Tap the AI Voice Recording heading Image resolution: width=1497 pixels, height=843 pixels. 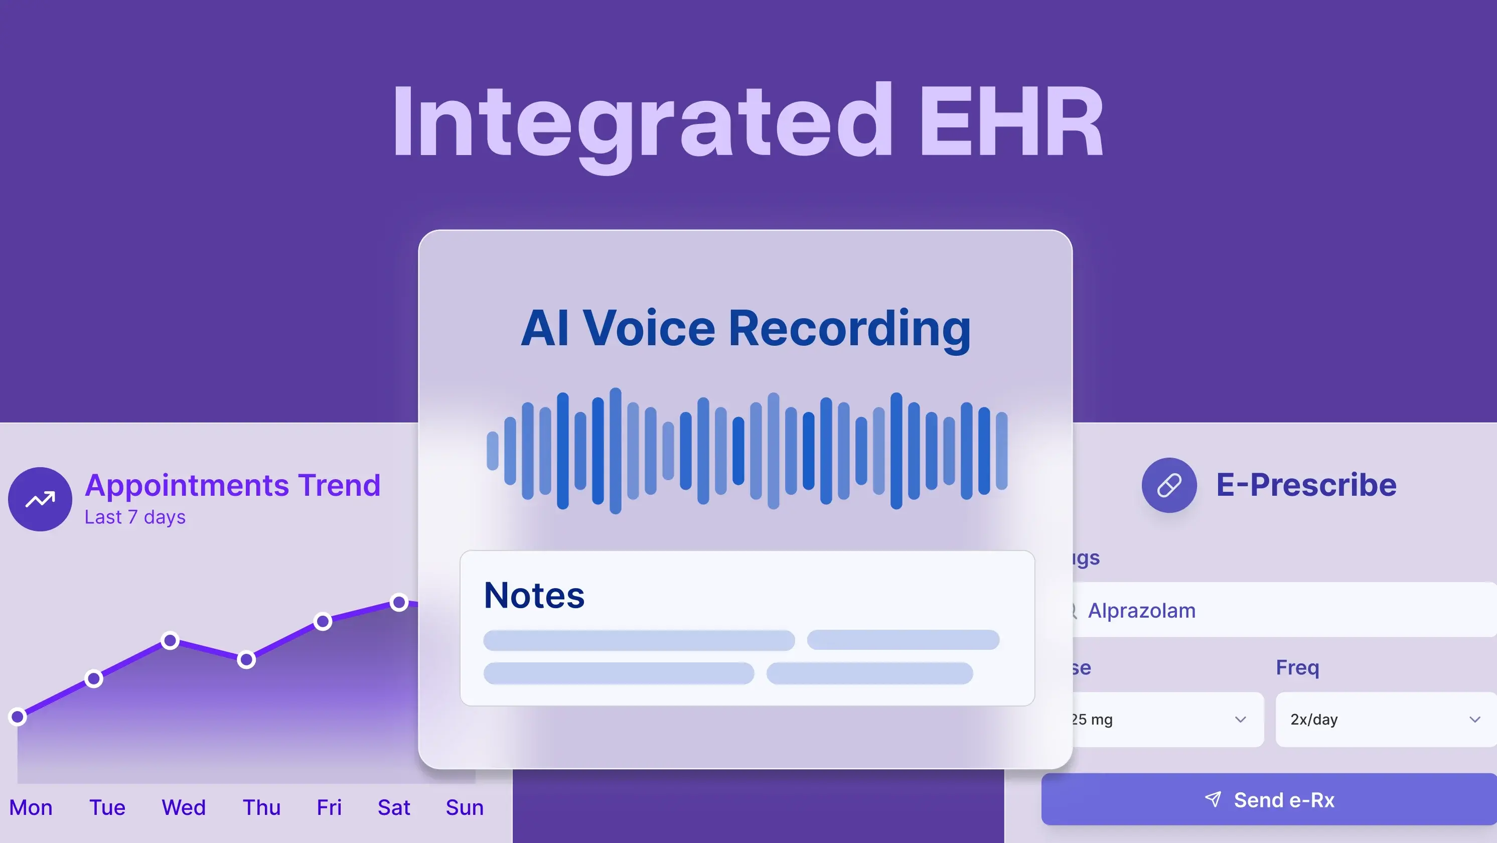[x=745, y=329]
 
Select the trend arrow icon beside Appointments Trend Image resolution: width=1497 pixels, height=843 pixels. [x=40, y=499]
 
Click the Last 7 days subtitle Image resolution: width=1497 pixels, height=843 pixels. [x=135, y=517]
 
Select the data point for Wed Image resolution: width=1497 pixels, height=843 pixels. [x=170, y=641]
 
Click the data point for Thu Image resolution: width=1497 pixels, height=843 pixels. [x=246, y=659]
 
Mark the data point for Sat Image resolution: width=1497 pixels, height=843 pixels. [x=399, y=602]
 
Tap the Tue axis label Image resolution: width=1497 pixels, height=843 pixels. [x=107, y=807]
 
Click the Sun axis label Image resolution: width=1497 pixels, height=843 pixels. [x=465, y=807]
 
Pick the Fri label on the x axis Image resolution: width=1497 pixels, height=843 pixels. [x=329, y=807]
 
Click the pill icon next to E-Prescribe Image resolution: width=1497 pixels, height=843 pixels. [x=1169, y=485]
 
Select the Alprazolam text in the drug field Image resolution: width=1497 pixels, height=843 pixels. [x=1141, y=611]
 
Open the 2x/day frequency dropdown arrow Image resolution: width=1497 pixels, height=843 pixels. [x=1475, y=719]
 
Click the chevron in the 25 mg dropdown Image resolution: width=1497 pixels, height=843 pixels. [x=1240, y=719]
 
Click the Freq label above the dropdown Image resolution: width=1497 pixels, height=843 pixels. [x=1297, y=667]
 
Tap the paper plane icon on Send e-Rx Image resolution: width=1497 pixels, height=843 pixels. [x=1213, y=799]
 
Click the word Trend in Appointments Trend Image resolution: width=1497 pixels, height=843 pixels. [x=339, y=485]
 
